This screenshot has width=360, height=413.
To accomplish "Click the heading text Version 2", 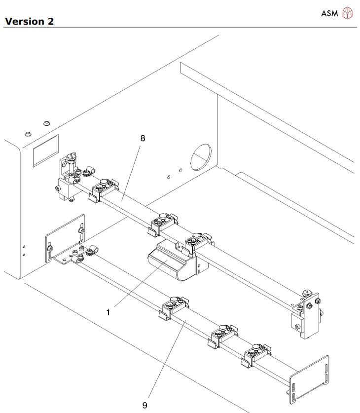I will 29,21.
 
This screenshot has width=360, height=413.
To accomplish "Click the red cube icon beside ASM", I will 349,13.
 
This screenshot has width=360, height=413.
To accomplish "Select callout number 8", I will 143,139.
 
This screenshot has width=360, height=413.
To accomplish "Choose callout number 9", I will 144,405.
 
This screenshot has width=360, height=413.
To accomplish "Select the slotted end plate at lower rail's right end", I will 309,376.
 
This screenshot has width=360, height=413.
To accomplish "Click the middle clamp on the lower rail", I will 222,334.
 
